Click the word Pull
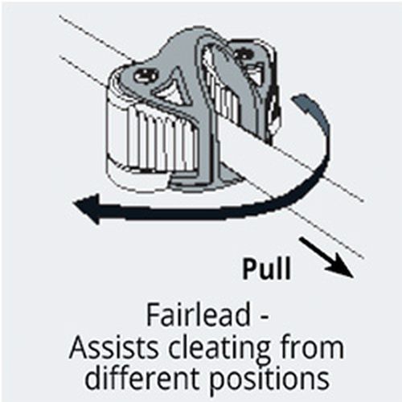click(266, 269)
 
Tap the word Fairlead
click(199, 315)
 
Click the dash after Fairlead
click(264, 318)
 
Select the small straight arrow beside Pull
click(326, 256)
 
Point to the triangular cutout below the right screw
click(254, 73)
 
